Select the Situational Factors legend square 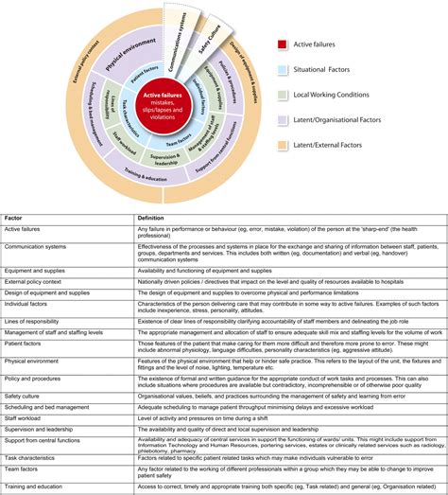point(282,70)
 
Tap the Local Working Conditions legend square point(282,96)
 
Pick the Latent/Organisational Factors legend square point(282,121)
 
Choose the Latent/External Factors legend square point(282,147)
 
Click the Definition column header point(152,217)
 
